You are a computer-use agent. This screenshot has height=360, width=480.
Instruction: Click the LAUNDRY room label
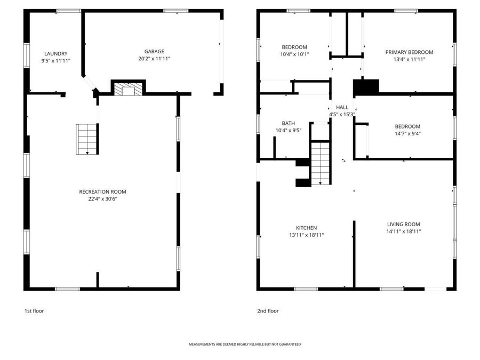[x=56, y=53]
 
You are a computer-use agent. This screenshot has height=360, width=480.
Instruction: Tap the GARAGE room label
[x=154, y=52]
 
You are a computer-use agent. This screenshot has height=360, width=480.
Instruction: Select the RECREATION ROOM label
[x=102, y=191]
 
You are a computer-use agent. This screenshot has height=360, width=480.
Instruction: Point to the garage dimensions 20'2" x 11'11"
[x=154, y=59]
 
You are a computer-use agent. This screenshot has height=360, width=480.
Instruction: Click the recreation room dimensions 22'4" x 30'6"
[x=102, y=199]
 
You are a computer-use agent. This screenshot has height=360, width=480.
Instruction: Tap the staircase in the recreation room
[x=87, y=139]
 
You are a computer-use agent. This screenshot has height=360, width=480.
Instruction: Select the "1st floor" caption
[x=34, y=311]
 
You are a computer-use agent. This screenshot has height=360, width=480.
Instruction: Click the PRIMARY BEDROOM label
[x=409, y=52]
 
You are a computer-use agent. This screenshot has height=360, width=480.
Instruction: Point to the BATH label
[x=288, y=123]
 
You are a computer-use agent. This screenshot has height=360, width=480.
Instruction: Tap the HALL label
[x=342, y=107]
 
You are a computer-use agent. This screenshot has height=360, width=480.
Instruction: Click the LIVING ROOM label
[x=403, y=225]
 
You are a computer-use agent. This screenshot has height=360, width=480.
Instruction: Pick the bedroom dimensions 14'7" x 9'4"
[x=403, y=134]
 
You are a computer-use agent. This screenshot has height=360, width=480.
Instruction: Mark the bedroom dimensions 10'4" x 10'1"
[x=294, y=54]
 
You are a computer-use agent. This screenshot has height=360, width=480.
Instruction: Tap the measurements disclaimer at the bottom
[x=245, y=345]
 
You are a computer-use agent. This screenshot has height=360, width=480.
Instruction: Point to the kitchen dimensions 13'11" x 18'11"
[x=306, y=235]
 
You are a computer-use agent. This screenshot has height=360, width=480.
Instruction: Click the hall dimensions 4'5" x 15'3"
[x=342, y=114]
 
